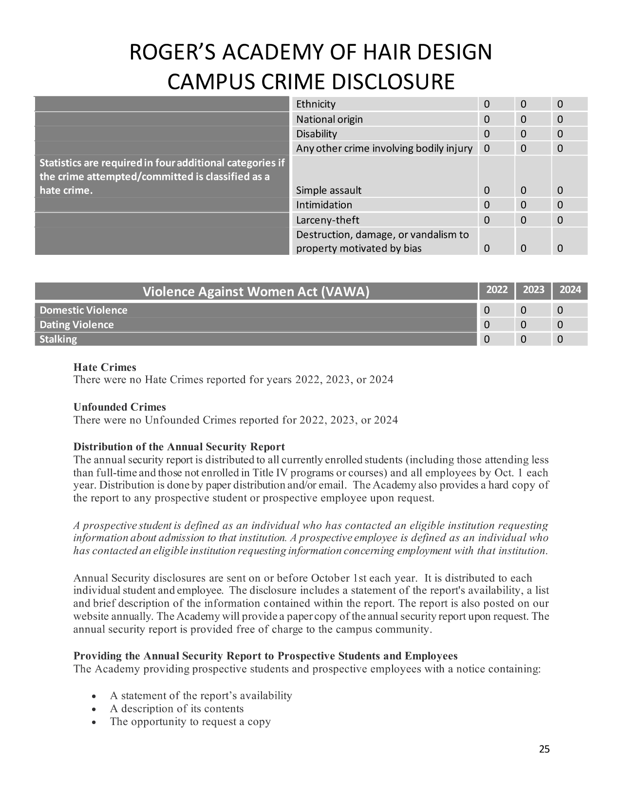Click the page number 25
point(544,749)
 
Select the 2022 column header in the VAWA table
point(497,290)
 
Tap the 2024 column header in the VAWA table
point(570,290)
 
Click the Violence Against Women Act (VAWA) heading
point(256,292)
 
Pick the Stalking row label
point(58,340)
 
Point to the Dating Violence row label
point(76,325)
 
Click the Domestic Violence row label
point(83,310)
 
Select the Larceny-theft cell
point(328,220)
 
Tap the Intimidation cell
point(324,205)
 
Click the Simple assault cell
point(329,191)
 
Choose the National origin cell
point(329,119)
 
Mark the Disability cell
point(317,134)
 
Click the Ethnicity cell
point(316,104)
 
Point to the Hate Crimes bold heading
point(105,367)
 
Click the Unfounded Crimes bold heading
point(119,407)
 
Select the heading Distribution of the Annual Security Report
point(179,447)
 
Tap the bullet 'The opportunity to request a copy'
point(190,722)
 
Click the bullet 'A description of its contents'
point(176,708)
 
